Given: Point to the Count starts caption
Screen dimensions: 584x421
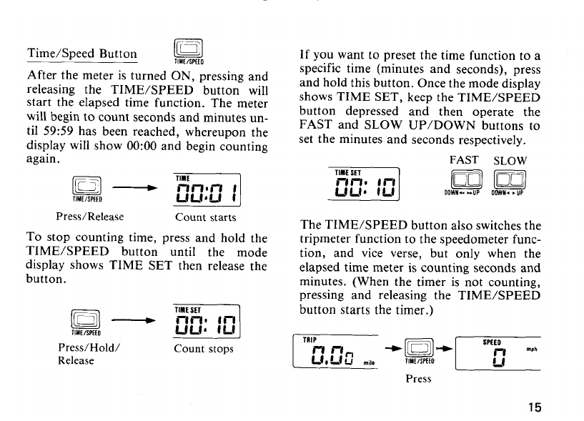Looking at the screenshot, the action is point(205,217).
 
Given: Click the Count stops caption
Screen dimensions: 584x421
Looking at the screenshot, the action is point(204,350).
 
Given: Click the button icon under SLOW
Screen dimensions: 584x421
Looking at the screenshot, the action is point(511,181).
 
